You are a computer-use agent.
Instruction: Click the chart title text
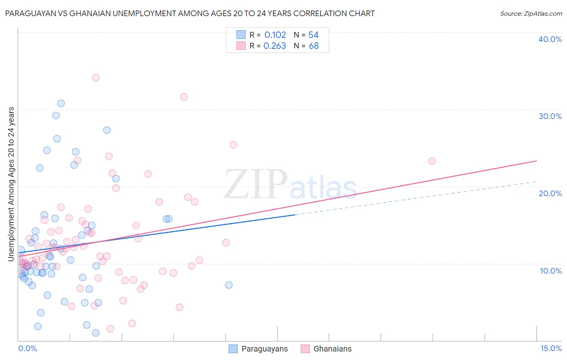(x=189, y=13)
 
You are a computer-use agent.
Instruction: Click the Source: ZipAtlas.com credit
(x=531, y=13)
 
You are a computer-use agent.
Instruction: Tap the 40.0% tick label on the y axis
(x=550, y=39)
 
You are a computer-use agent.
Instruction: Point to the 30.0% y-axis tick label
(x=550, y=116)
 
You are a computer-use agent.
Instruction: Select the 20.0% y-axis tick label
(x=550, y=193)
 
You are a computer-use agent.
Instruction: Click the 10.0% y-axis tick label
(x=551, y=271)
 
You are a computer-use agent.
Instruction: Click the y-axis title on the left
(x=11, y=184)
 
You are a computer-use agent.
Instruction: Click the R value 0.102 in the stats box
(x=275, y=35)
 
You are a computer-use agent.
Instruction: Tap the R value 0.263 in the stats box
(x=275, y=46)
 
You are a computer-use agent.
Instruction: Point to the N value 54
(x=313, y=35)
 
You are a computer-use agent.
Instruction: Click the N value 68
(x=313, y=46)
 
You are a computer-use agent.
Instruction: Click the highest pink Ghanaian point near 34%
(x=96, y=77)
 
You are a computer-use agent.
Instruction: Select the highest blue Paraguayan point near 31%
(x=61, y=103)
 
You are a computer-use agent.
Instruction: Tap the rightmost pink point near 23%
(x=432, y=161)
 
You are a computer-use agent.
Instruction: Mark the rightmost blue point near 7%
(x=229, y=285)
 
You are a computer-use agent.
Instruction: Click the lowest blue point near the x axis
(x=96, y=333)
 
